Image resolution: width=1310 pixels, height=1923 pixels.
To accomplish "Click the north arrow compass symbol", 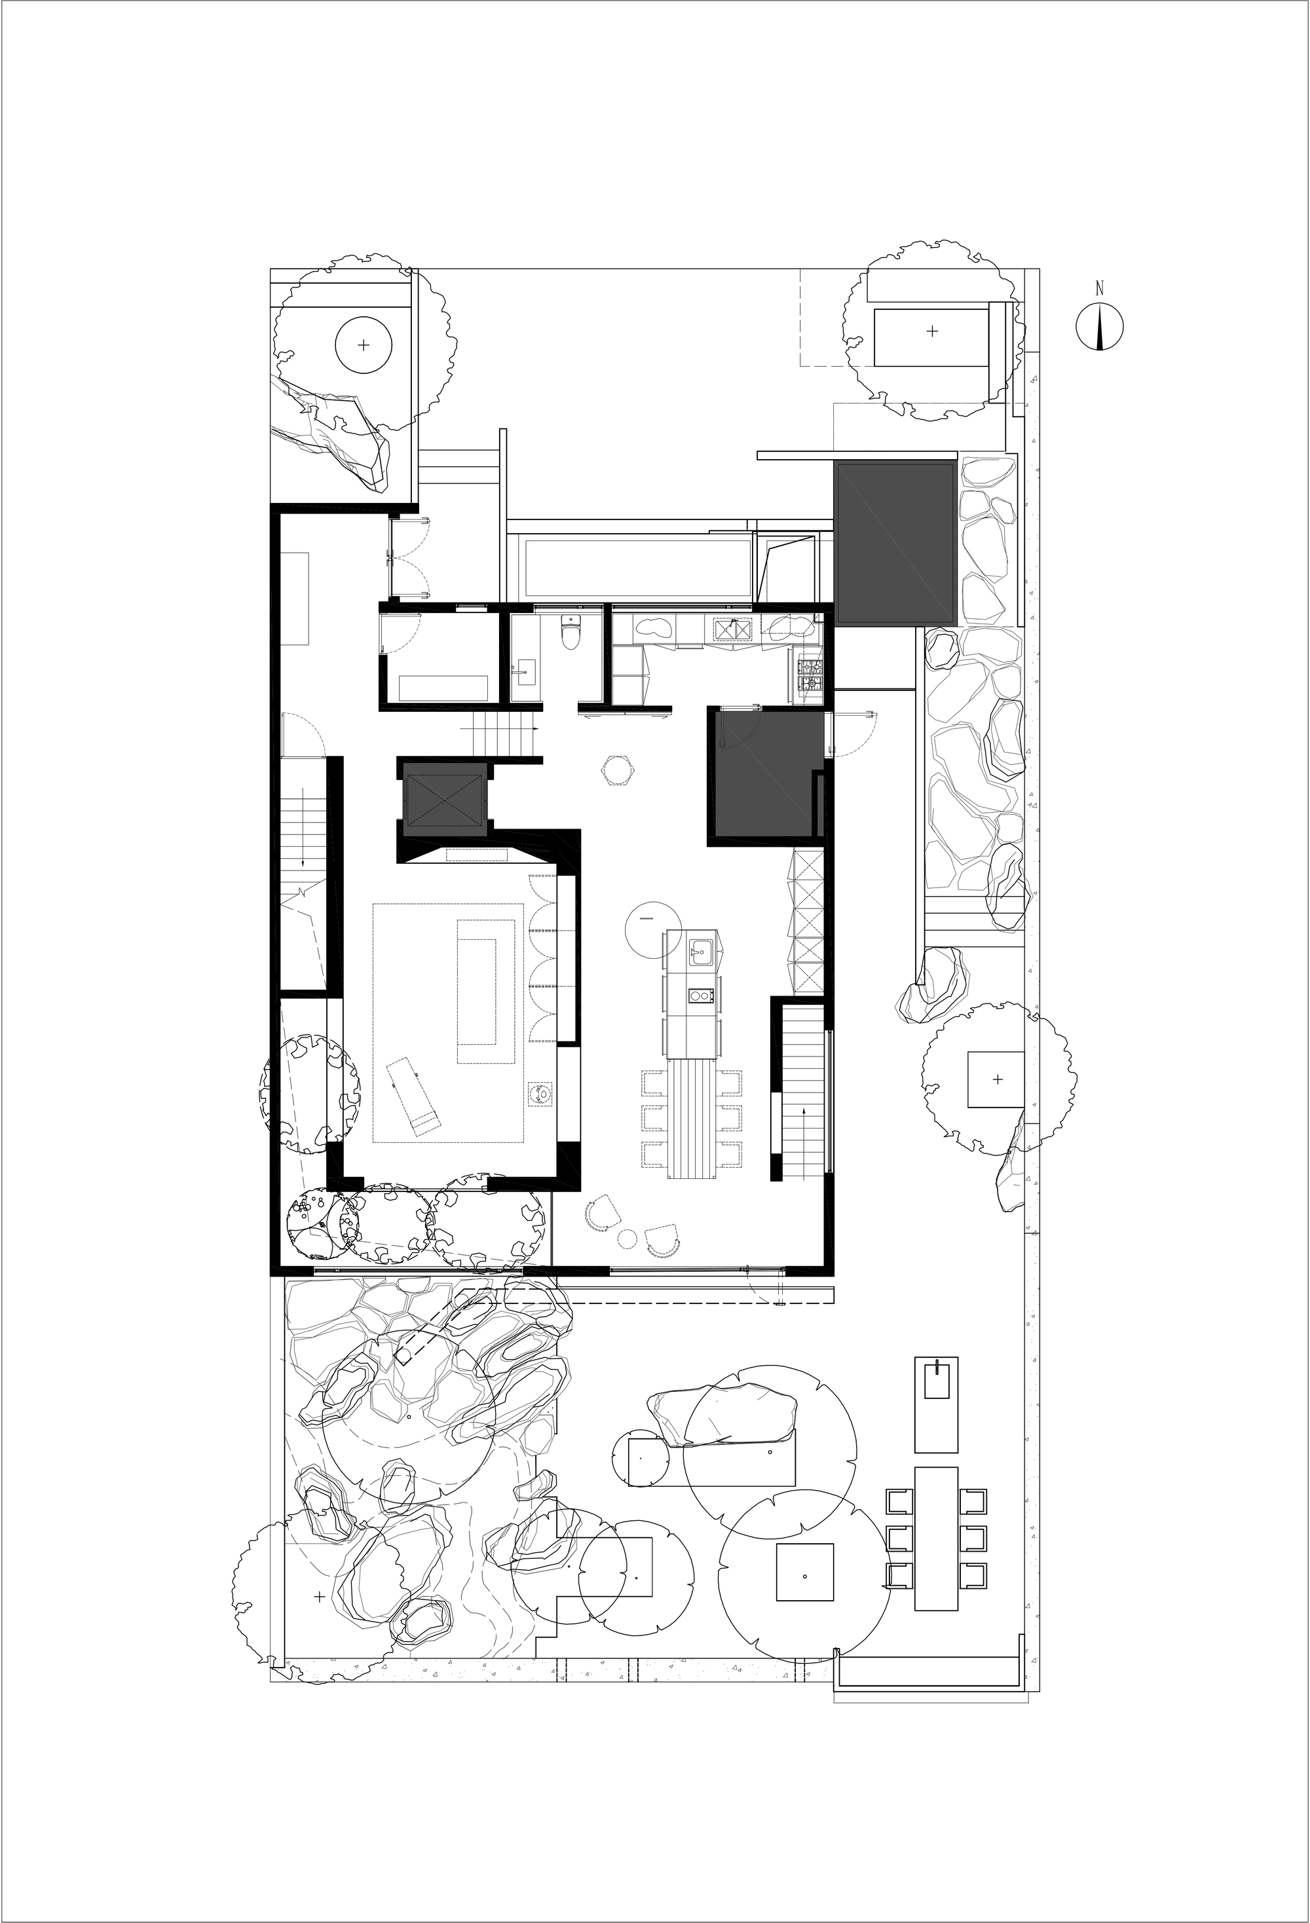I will click(1099, 327).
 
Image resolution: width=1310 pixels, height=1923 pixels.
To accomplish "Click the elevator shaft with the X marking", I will click(443, 801).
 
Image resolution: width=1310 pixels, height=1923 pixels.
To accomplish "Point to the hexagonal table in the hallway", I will click(618, 771).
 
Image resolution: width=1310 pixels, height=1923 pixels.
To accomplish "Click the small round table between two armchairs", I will click(628, 1239).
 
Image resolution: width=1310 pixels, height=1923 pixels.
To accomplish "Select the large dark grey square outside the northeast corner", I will click(896, 544).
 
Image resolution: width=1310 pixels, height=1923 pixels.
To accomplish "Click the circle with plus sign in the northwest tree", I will click(362, 345).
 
